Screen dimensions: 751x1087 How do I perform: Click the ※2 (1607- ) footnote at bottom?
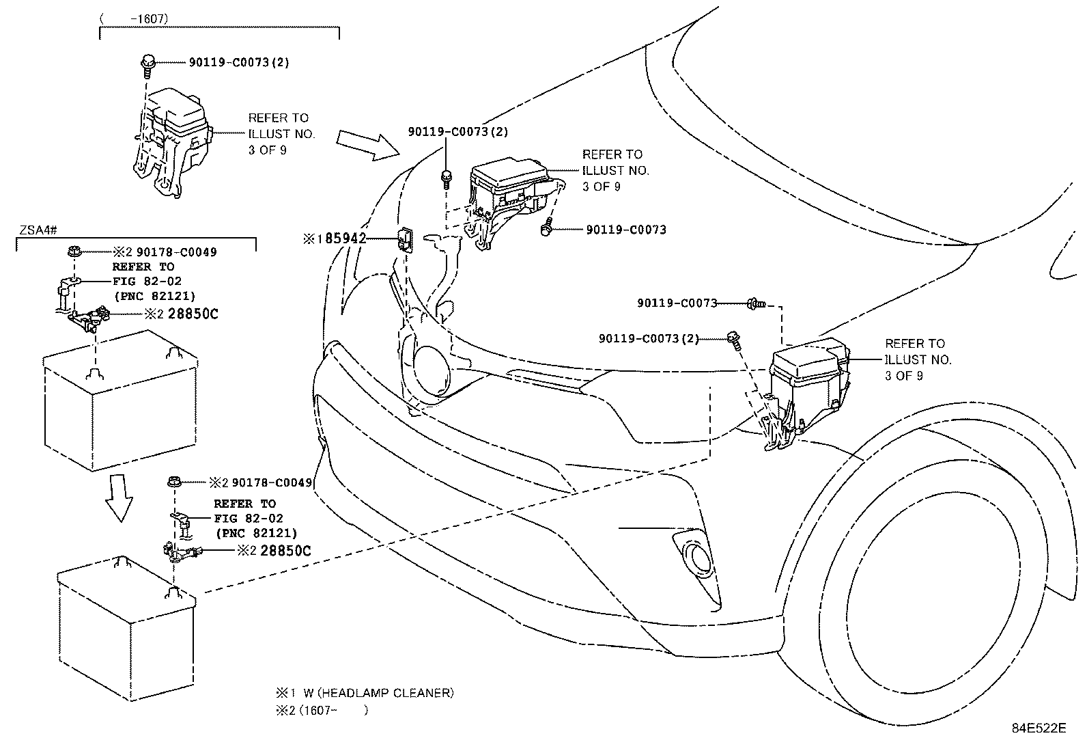pyautogui.click(x=321, y=711)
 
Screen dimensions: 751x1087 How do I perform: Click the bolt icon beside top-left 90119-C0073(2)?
pyautogui.click(x=147, y=63)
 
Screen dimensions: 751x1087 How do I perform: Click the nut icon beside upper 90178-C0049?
pyautogui.click(x=75, y=252)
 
